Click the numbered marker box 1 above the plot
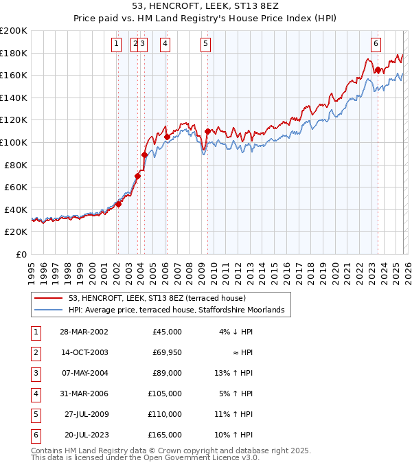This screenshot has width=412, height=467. (x=117, y=45)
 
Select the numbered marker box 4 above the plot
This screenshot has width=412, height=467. (x=165, y=45)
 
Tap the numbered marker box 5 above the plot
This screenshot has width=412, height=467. (x=206, y=45)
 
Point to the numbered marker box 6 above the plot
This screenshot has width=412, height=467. (x=376, y=45)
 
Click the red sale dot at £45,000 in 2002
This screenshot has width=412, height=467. (x=118, y=203)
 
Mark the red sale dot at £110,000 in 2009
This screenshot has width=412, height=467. (x=207, y=130)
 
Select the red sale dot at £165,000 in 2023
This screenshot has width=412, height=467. (x=377, y=69)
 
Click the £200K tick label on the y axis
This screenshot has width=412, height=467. (x=14, y=30)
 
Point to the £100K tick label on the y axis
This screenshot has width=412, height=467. (x=14, y=142)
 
